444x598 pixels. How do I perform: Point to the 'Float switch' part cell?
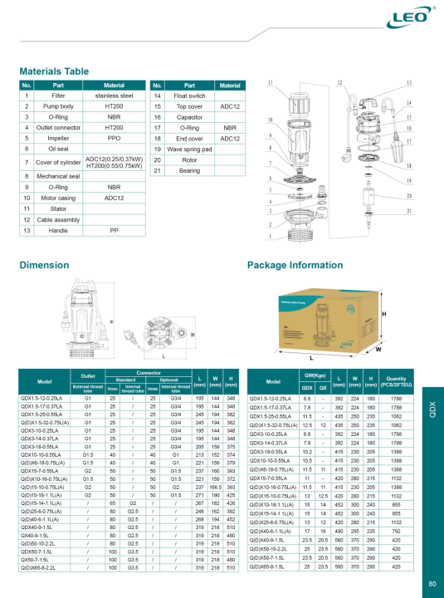tap(189, 96)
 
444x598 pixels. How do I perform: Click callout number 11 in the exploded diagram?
tap(270, 85)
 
